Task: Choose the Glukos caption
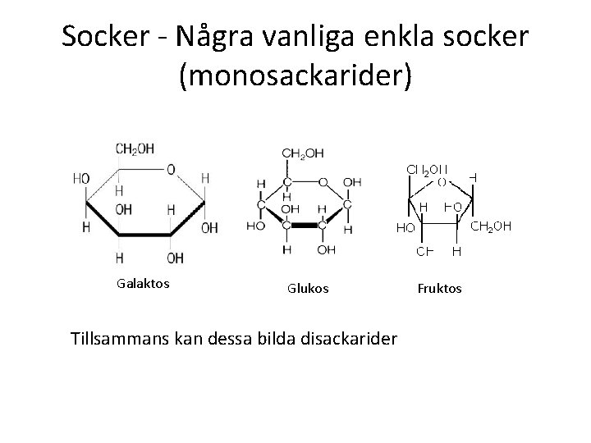(308, 288)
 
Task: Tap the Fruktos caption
(440, 288)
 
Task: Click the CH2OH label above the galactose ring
(135, 148)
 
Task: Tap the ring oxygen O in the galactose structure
(170, 170)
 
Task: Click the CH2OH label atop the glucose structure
(302, 153)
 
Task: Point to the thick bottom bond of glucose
(305, 224)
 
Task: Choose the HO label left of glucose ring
(256, 224)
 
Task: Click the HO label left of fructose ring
(405, 227)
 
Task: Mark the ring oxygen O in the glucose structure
(323, 182)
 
